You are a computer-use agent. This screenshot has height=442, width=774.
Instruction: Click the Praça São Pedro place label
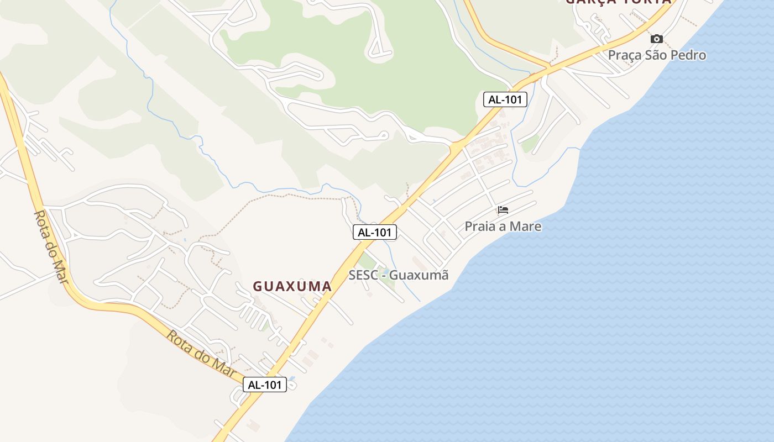coord(657,55)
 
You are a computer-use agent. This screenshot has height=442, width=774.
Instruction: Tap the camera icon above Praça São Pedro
coord(657,39)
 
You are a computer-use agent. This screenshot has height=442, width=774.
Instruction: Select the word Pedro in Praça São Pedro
coord(689,55)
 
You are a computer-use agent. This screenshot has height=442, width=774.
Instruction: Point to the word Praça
coord(624,55)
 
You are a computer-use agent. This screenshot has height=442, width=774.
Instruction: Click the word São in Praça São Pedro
coord(655,55)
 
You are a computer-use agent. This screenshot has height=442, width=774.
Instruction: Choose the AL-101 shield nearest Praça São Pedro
coord(505,99)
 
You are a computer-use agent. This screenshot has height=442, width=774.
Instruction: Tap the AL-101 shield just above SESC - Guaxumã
coord(375,233)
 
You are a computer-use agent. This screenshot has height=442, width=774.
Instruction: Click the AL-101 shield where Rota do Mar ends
coord(265,385)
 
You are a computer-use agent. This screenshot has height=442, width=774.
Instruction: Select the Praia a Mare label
coord(503,227)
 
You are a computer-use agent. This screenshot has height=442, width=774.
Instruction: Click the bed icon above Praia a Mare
coord(503,210)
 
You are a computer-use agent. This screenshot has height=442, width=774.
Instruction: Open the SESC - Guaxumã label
coord(398,275)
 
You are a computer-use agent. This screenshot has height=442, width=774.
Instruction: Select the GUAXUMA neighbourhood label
coord(292,286)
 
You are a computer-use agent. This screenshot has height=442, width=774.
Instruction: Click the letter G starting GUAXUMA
coord(258,286)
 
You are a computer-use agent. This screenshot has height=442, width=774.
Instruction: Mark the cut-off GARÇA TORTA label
coord(618,2)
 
